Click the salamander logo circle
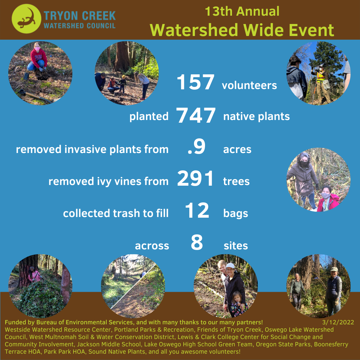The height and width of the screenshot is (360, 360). pos(26,19)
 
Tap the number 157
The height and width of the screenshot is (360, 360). pos(195,82)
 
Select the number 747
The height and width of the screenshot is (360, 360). pos(196,115)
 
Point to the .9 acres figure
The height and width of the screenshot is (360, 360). pos(196,148)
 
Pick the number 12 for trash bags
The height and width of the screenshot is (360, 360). pos(197,210)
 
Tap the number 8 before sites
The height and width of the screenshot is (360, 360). pos(197,242)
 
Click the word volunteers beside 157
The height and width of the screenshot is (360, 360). pos(249,86)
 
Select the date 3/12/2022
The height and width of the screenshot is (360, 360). pos(338,322)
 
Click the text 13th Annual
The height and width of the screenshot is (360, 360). pos(242,11)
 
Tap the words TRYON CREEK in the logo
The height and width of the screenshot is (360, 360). pos(80,16)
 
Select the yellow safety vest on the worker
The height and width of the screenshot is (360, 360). pos(321,77)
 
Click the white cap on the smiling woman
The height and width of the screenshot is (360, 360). pos(230,266)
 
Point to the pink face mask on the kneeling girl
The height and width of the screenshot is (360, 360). pos(37,49)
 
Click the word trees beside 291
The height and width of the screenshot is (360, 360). pos(236,181)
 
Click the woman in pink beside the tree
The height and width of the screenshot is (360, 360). pos(34,275)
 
